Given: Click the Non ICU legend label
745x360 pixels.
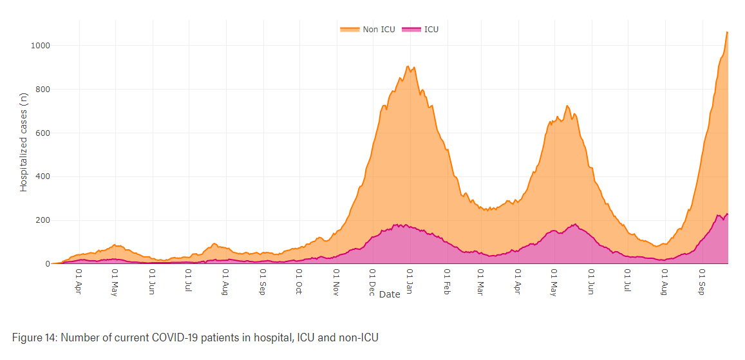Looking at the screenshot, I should pos(379,29).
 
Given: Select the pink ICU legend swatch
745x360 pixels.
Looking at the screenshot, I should pos(411,29).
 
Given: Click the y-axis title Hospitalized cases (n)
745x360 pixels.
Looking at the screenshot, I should pos(24,142).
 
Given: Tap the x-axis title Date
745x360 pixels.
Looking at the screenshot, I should pos(390,294).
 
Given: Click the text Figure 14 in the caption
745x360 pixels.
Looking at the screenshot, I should pos(33,337).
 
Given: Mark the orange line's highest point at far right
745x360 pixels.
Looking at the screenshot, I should pos(727,32).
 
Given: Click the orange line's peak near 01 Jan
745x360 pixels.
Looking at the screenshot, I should pos(408,66).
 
